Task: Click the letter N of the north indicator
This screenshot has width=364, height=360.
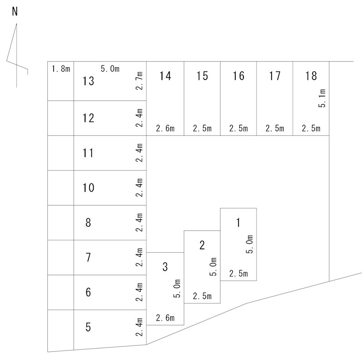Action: [x=15, y=11]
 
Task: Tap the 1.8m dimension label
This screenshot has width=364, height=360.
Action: [x=61, y=69]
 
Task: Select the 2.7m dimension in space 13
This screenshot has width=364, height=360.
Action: [x=139, y=81]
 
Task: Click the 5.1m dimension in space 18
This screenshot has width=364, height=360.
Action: [x=322, y=98]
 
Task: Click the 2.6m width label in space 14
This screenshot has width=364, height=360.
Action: [x=165, y=128]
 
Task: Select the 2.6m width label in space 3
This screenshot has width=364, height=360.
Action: [x=165, y=318]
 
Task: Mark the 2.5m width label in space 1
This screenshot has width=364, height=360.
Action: [x=238, y=274]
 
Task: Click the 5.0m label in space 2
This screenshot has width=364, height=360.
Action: [x=213, y=266]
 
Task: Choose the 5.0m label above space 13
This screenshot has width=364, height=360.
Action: [x=110, y=69]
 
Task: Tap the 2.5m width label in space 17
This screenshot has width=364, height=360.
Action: [x=275, y=128]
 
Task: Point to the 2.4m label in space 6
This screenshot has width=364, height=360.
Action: [x=139, y=292]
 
